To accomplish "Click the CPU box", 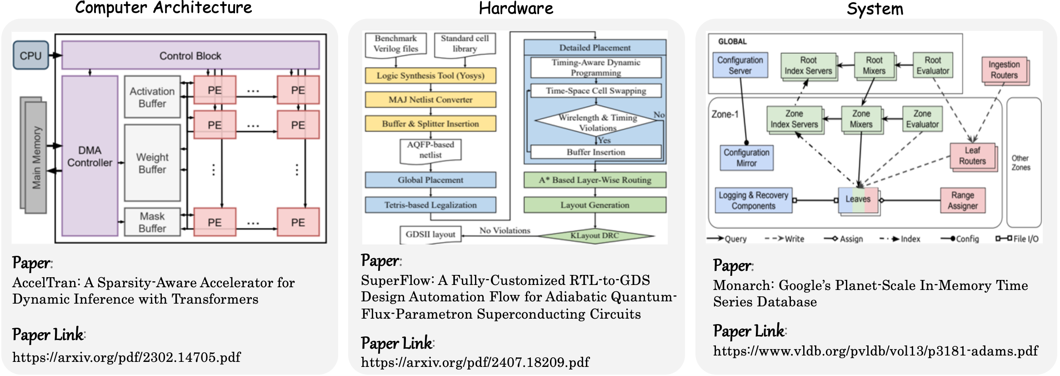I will coord(30,56).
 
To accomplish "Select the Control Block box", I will coord(190,56).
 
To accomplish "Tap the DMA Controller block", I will coord(90,156).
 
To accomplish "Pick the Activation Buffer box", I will coord(152,97).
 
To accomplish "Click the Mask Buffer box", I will coord(152,222).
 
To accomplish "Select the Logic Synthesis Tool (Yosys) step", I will coord(430,76).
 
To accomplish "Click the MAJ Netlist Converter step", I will coord(430,100).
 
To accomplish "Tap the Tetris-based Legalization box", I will coord(430,205).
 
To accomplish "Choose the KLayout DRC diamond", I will coord(595,235).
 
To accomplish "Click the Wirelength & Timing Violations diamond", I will coord(597,122).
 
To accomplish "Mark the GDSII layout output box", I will coord(430,234).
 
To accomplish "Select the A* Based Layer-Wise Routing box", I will coord(595,180).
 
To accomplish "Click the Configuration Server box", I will coord(740,65).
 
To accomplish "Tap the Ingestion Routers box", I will coord(1004,70).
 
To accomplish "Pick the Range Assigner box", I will coord(962,200).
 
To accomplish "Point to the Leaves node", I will coord(858,199).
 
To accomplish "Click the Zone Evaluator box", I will coord(922,119).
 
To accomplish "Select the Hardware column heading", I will coord(516,8).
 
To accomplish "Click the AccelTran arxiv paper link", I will coord(126,357).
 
